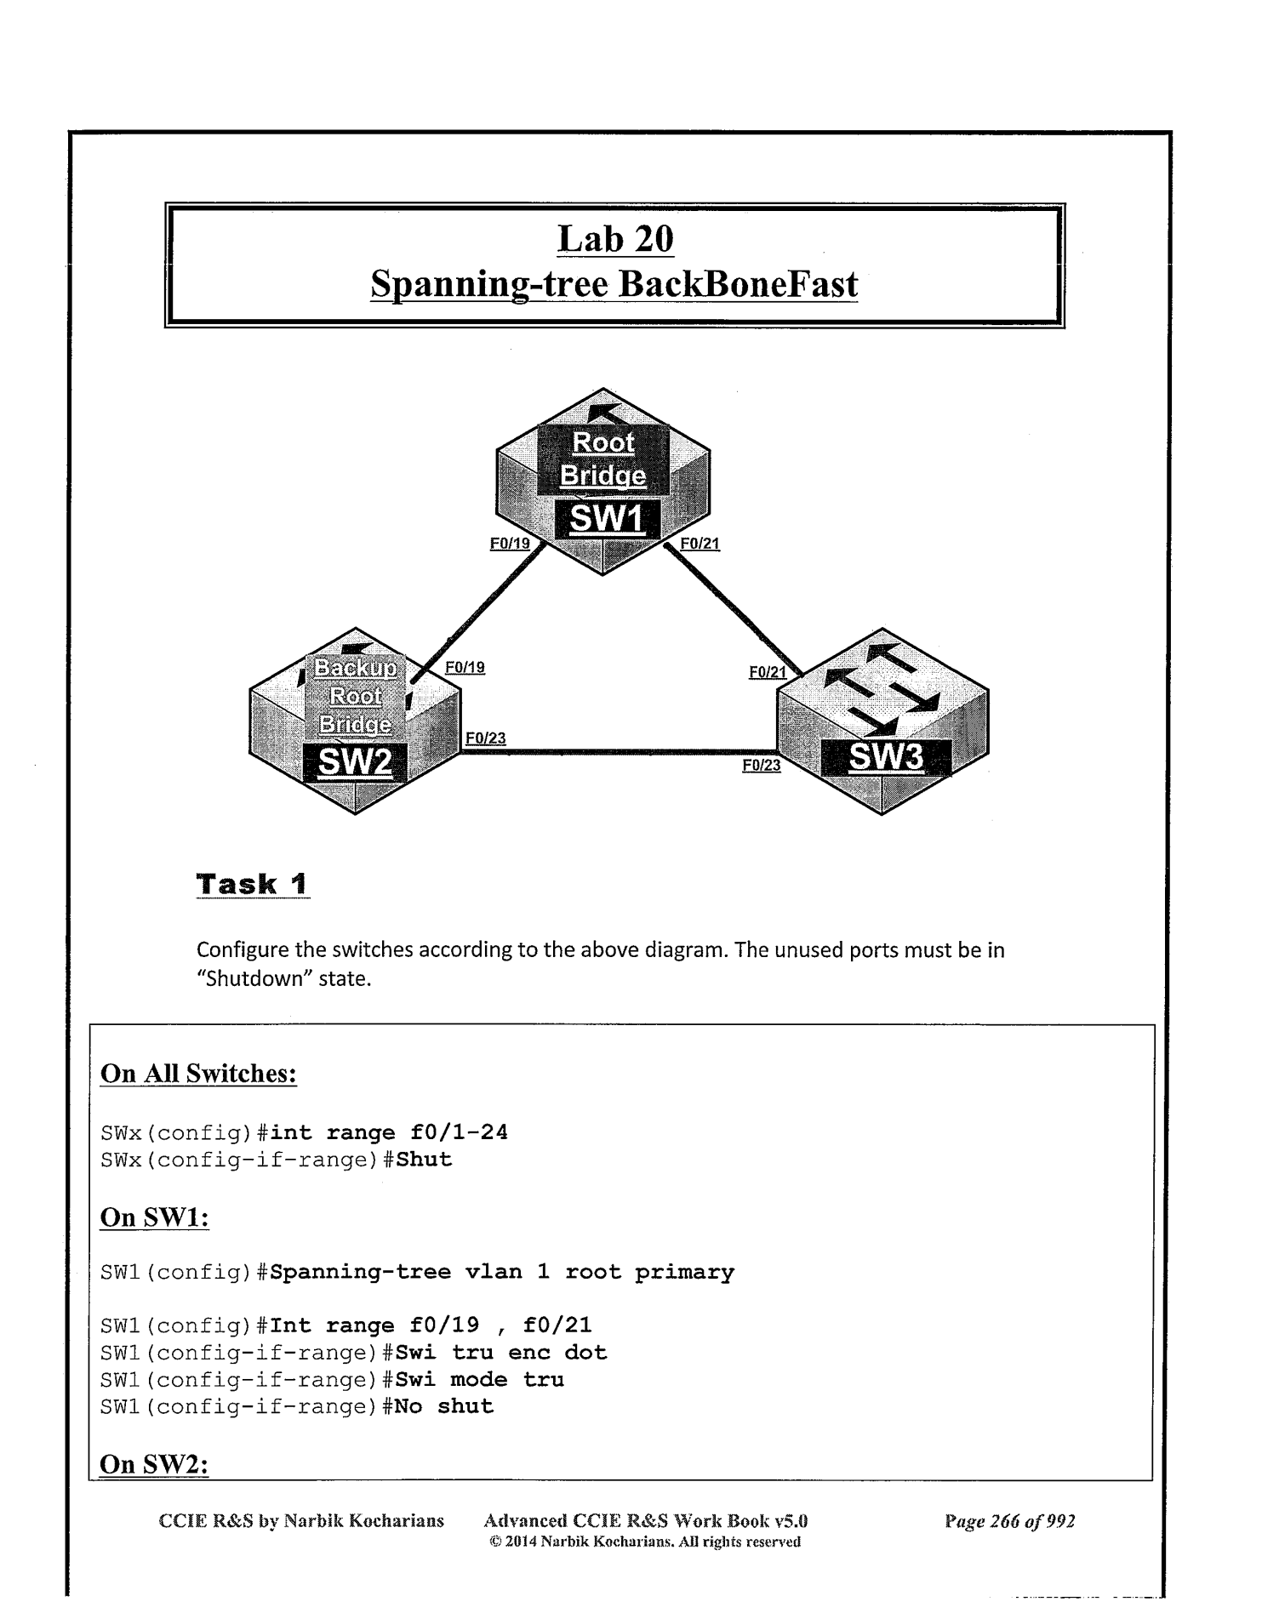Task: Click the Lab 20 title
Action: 615,239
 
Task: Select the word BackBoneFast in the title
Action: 738,284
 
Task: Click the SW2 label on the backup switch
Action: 355,761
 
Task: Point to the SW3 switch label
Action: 886,755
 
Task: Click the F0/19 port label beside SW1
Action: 510,544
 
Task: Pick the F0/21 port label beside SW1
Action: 700,544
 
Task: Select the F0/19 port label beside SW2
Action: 465,668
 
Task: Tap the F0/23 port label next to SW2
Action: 485,738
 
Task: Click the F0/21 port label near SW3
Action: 768,673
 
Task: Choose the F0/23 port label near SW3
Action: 761,766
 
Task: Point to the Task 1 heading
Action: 252,884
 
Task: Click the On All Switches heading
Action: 198,1074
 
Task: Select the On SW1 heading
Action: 154,1217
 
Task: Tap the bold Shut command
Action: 424,1160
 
